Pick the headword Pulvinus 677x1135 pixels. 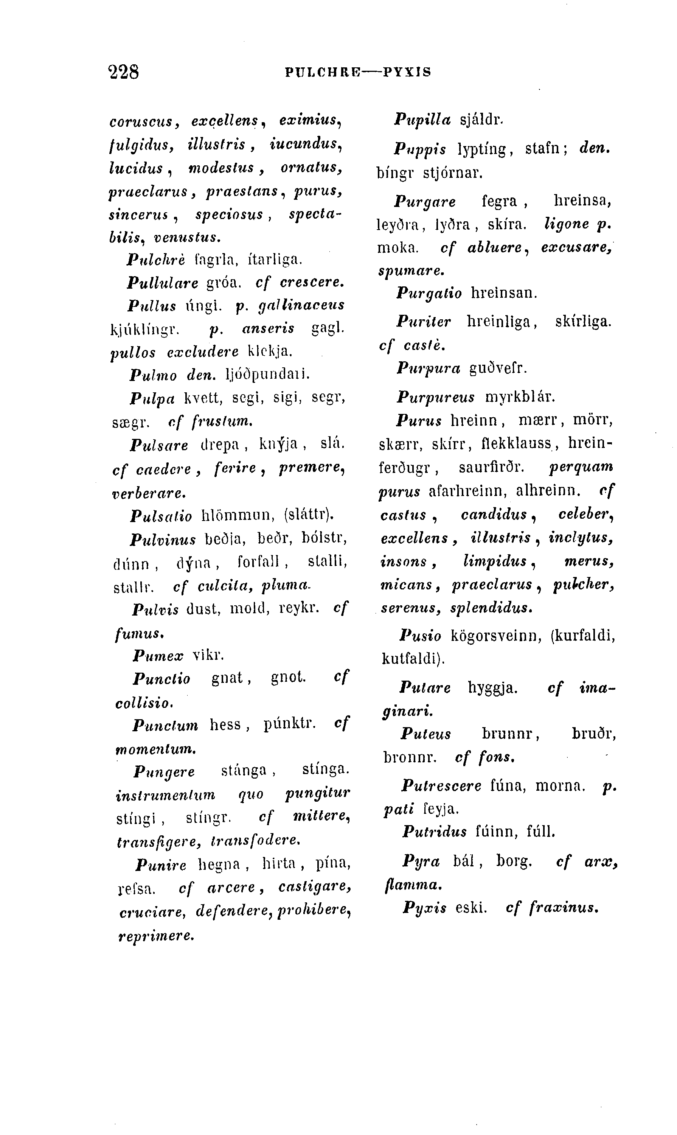point(163,540)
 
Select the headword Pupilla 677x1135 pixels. point(422,120)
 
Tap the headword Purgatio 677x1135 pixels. point(429,293)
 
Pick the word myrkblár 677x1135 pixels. point(520,397)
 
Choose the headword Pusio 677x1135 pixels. point(420,636)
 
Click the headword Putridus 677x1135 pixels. point(434,832)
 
